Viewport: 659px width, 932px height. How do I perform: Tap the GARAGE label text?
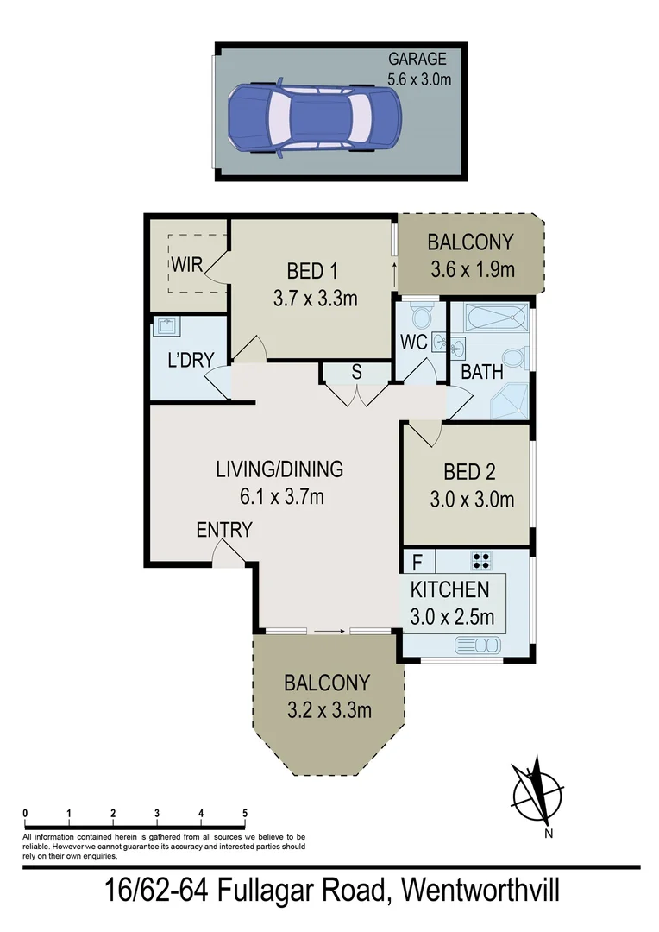[x=417, y=60]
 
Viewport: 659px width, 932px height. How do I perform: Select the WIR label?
[x=186, y=264]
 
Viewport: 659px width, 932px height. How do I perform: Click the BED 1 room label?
[x=311, y=272]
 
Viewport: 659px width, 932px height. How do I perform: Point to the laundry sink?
[x=166, y=326]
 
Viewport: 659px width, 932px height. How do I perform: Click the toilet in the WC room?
[x=421, y=312]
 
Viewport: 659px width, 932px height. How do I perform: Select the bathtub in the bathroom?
[x=489, y=319]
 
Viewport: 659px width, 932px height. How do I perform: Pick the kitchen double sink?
[x=475, y=645]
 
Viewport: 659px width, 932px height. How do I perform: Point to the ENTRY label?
[x=224, y=530]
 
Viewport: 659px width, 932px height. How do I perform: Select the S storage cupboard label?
[x=355, y=373]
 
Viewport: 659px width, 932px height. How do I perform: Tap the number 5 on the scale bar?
[x=245, y=814]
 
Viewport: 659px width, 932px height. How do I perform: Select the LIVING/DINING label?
[x=279, y=469]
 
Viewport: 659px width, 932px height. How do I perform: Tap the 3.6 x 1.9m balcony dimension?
[x=471, y=269]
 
